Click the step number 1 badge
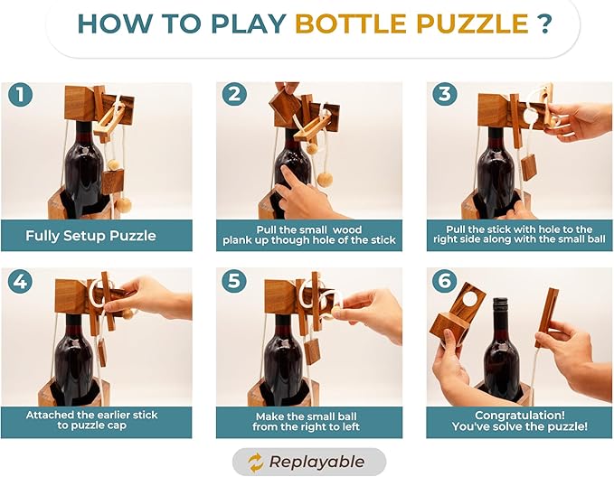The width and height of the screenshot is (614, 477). [20, 95]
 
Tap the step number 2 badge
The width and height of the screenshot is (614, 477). [234, 95]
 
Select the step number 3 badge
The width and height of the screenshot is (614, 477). [444, 95]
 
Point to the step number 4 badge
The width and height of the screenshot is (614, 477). [20, 281]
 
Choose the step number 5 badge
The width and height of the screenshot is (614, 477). [234, 281]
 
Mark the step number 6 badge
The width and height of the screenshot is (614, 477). [444, 281]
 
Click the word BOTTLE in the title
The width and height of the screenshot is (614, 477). [351, 23]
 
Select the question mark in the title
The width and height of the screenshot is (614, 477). [544, 23]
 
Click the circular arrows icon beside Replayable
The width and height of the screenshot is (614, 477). [255, 463]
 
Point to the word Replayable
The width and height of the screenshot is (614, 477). [316, 463]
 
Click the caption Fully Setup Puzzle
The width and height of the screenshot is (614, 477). [90, 236]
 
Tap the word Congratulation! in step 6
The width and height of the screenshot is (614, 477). [520, 416]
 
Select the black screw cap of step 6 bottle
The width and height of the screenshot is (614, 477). [500, 306]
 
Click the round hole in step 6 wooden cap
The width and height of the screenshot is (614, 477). [468, 299]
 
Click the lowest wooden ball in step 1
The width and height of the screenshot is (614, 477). [124, 204]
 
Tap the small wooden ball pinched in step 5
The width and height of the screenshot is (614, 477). [336, 313]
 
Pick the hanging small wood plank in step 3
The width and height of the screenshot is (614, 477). [529, 167]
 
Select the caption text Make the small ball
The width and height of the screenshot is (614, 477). [306, 416]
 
